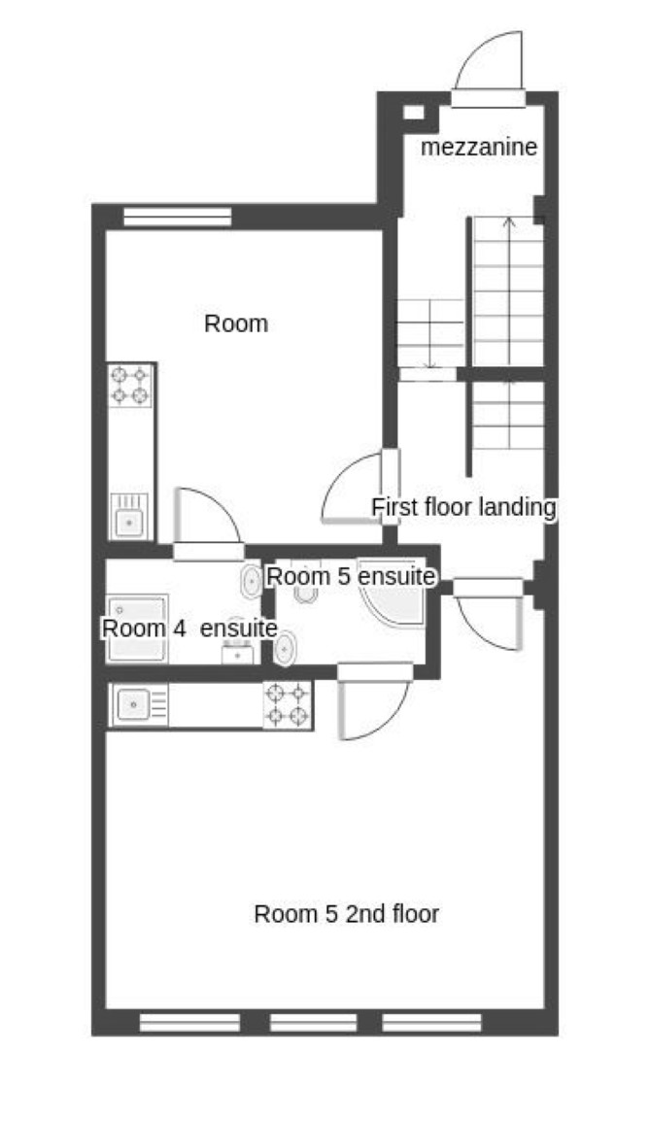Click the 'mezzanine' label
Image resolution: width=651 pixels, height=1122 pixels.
(x=478, y=148)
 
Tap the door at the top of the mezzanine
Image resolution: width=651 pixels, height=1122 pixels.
(x=489, y=68)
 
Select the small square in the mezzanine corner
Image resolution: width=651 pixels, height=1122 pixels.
(x=414, y=112)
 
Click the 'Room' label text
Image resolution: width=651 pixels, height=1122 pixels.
(x=235, y=323)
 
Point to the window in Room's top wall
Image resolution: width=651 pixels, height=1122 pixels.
(x=177, y=217)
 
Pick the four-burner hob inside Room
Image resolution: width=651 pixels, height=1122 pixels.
(x=130, y=386)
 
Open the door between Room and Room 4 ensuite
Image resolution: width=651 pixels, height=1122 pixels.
(x=207, y=525)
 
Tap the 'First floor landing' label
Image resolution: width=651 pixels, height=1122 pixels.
(x=463, y=507)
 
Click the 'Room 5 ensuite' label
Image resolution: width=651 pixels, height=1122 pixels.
(x=350, y=576)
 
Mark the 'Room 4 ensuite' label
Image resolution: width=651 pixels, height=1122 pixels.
(x=189, y=629)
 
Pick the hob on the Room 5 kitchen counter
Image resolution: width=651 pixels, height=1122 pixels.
(x=288, y=705)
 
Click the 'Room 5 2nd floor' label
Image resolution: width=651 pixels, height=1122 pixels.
(x=346, y=914)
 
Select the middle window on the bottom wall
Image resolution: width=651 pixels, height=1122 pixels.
(x=313, y=1022)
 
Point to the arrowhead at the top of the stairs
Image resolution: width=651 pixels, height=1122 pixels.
(x=508, y=222)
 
